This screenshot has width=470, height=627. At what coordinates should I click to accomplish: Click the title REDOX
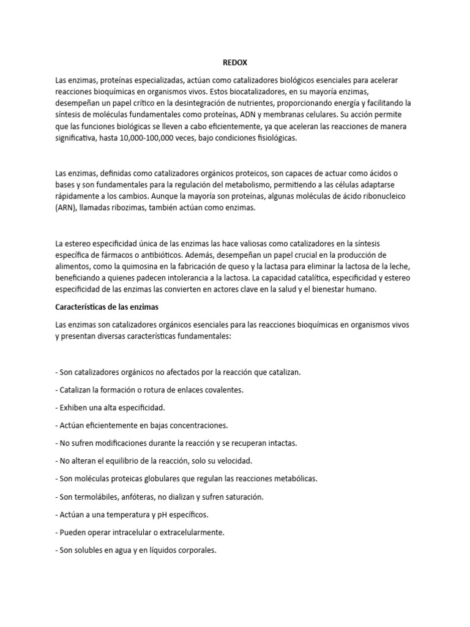pyautogui.click(x=234, y=62)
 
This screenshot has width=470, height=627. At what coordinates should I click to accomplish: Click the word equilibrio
pyautogui.click(x=120, y=460)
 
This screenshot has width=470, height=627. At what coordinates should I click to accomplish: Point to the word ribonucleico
pyautogui.click(x=376, y=197)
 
